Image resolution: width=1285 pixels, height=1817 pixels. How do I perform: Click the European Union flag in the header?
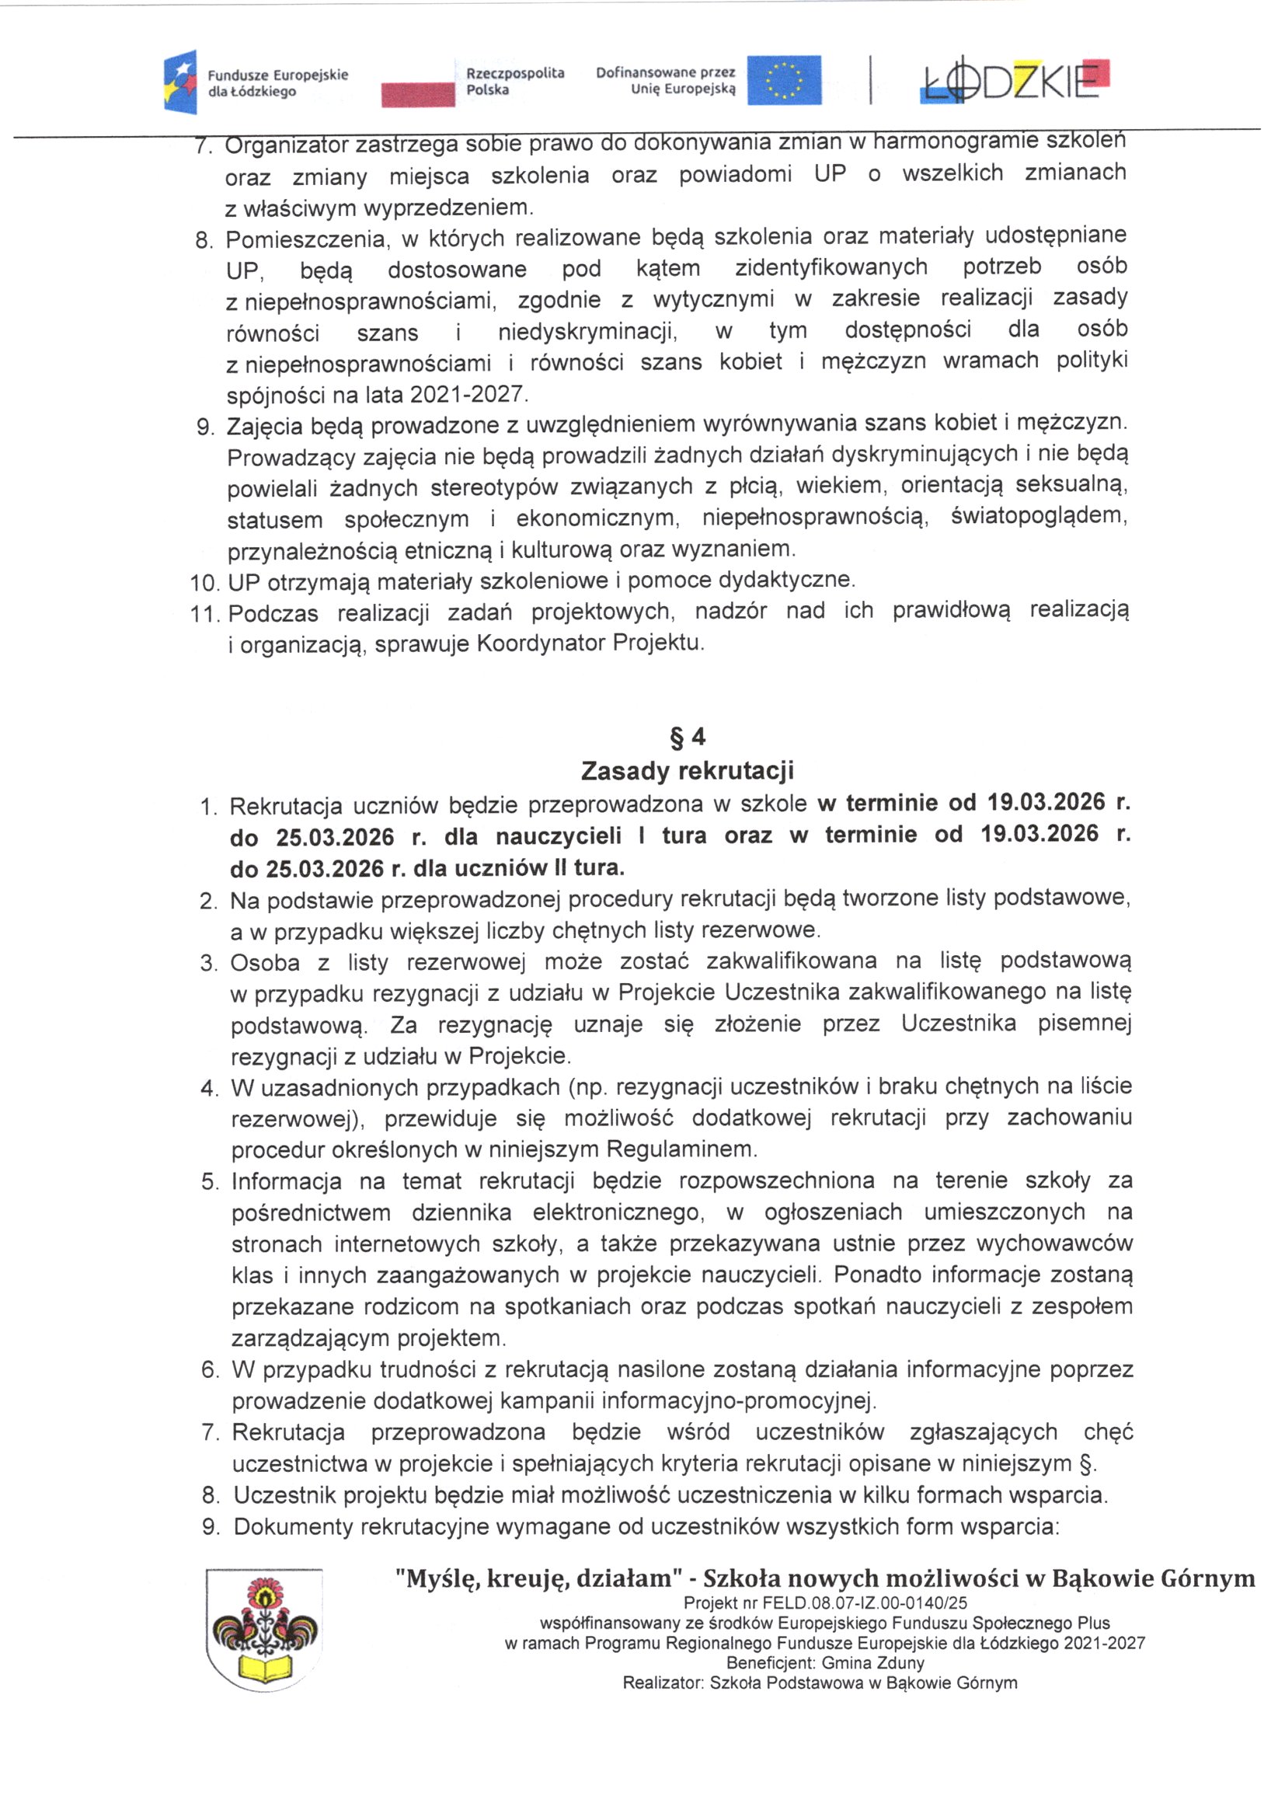point(783,80)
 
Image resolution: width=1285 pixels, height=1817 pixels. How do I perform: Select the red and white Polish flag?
point(418,93)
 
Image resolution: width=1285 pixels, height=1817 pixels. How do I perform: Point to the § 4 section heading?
point(687,738)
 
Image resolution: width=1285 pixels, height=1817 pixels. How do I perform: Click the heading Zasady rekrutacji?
point(687,770)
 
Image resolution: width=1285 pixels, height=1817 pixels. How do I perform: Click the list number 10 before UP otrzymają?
point(204,583)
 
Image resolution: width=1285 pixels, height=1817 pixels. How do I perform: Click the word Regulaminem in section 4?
point(681,1149)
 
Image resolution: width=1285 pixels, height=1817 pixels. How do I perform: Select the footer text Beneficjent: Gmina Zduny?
point(824,1662)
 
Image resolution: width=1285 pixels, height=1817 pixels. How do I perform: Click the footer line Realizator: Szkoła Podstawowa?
point(819,1683)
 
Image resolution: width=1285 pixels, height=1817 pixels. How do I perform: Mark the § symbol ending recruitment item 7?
point(1086,1464)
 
